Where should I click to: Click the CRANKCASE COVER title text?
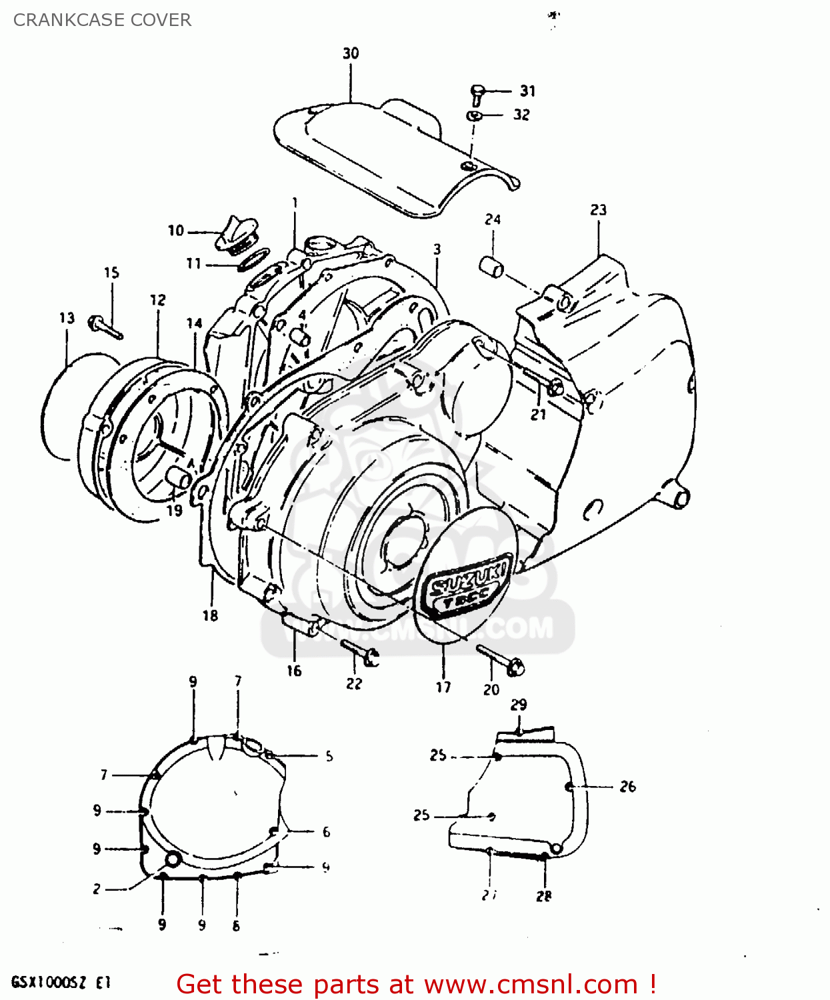102,20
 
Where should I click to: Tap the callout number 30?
351,53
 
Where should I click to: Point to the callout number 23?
598,210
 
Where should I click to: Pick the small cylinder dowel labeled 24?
491,267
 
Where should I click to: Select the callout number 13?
67,318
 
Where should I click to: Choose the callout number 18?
210,615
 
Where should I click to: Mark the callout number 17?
443,687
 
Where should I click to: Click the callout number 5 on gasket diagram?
329,756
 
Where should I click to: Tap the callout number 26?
627,787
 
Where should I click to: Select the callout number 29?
519,705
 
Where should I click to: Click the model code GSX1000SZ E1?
61,983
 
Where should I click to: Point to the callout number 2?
97,889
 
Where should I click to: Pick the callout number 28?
544,897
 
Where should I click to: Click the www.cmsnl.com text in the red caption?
531,985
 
